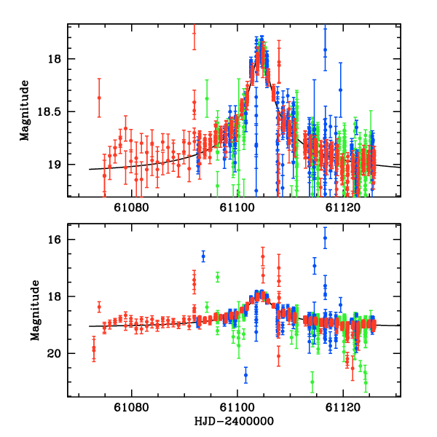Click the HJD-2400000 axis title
(239, 422)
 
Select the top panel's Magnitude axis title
(25, 111)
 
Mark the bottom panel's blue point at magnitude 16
(325, 238)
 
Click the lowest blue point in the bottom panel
(245, 375)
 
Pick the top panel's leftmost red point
(99, 97)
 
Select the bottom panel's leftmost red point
(93, 350)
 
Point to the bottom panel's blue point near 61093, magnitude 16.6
(203, 256)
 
